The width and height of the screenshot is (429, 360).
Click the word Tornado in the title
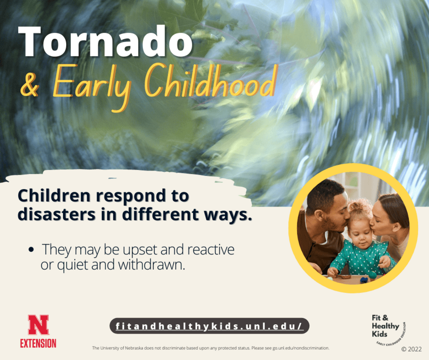click(106, 42)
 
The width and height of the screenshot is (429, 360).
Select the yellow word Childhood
click(210, 80)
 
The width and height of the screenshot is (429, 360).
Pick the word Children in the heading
click(54, 196)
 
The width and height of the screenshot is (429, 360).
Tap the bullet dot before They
click(31, 250)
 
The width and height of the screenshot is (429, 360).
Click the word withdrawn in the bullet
click(151, 265)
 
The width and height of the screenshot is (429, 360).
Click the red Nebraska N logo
click(38, 325)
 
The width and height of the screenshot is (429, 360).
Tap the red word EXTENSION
click(38, 343)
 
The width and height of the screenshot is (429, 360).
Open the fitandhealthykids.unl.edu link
click(209, 326)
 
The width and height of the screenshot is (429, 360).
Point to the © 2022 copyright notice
click(412, 349)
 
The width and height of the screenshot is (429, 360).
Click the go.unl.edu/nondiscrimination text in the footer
click(301, 348)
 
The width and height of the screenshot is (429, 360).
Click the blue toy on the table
click(364, 280)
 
